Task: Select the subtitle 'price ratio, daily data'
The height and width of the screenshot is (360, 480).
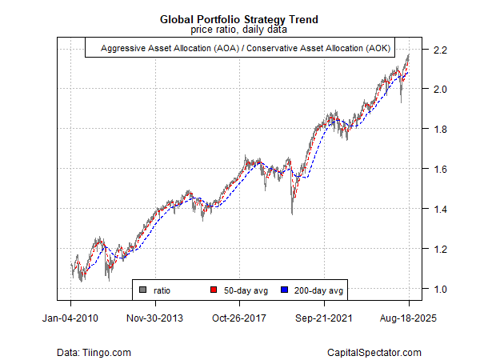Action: (240, 30)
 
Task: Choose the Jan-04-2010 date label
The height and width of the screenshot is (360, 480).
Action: (71, 318)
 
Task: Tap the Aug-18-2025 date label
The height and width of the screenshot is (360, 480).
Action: (409, 318)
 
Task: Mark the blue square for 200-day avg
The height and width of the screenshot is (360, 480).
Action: (284, 290)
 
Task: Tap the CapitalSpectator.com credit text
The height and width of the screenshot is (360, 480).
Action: (374, 352)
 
